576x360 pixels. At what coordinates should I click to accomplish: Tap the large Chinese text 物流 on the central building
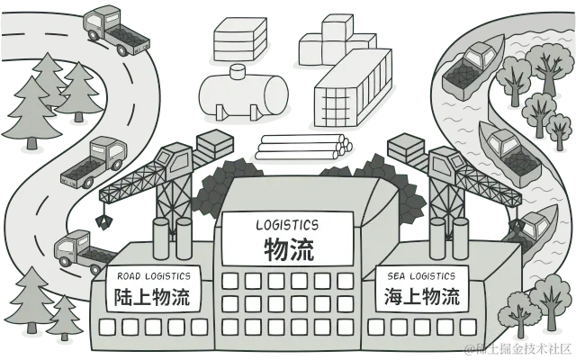289,247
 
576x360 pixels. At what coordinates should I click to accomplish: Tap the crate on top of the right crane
408,147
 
